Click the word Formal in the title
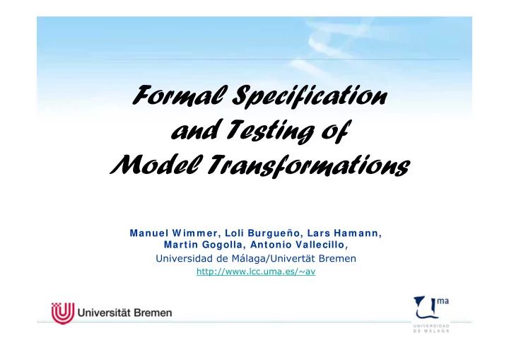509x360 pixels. pyautogui.click(x=159, y=94)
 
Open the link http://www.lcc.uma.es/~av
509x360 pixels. pyautogui.click(x=255, y=271)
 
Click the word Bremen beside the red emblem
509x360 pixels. pyautogui.click(x=151, y=312)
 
